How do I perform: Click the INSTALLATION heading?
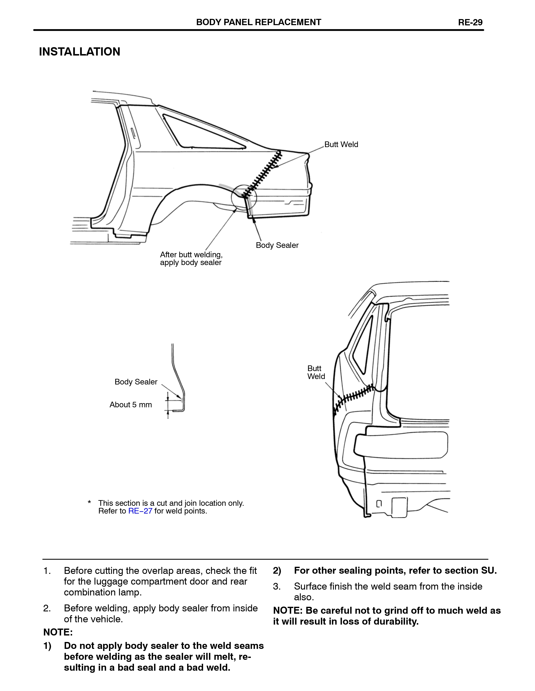[x=79, y=52]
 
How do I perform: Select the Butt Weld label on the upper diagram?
[x=341, y=144]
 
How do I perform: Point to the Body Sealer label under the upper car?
[x=277, y=245]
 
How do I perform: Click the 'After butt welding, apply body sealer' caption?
[x=191, y=259]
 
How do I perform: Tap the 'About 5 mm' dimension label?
[x=131, y=404]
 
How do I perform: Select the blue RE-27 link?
[x=140, y=511]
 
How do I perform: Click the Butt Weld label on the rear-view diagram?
[x=316, y=372]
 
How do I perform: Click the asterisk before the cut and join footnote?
[x=89, y=502]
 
